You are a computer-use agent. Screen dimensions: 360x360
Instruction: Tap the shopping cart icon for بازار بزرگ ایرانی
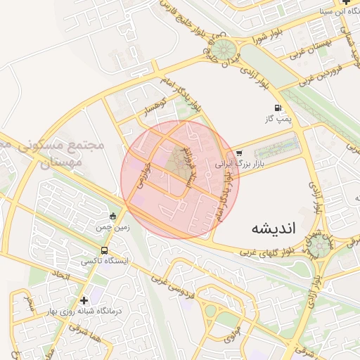[x=239, y=153]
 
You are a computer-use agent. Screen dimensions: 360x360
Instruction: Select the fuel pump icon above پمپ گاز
[x=279, y=108]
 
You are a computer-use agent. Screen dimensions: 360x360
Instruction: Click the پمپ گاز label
[x=279, y=120]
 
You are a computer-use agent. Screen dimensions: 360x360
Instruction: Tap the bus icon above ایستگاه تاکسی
[x=105, y=250]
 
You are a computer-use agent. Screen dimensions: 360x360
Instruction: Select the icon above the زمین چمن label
[x=114, y=216]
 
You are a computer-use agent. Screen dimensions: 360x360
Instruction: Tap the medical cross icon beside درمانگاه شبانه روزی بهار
[x=84, y=300]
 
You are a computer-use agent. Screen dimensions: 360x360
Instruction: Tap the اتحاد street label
[x=61, y=276]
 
